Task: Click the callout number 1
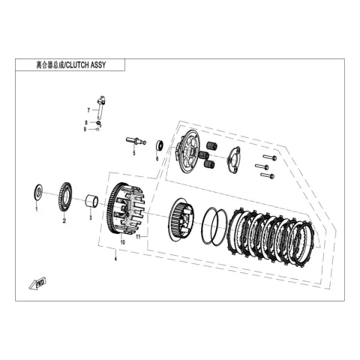click(37, 209)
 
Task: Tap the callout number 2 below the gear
click(64, 220)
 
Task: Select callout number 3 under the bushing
click(91, 217)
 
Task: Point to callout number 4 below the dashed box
click(115, 259)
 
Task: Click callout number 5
click(134, 153)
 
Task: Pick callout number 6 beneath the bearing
click(157, 159)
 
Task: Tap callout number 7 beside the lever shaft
click(88, 110)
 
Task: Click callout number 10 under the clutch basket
click(122, 242)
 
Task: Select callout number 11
click(138, 236)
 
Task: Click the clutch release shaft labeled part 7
click(100, 107)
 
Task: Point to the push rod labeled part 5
click(136, 141)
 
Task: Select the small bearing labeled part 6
click(160, 145)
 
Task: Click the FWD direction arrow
click(37, 283)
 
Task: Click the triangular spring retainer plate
click(234, 160)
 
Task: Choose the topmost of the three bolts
click(270, 157)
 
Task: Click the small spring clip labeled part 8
click(99, 123)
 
